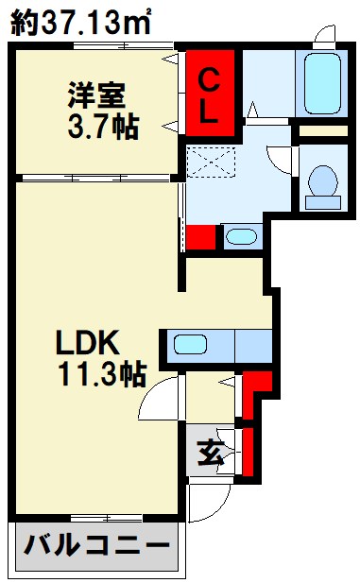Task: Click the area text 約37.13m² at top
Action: [x=80, y=22]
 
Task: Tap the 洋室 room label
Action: [x=96, y=95]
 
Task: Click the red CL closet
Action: [x=210, y=94]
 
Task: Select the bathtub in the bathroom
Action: [x=322, y=84]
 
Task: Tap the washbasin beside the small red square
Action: [x=241, y=236]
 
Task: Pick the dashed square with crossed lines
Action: [x=212, y=163]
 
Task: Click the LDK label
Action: [x=88, y=342]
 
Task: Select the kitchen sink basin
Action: [x=190, y=344]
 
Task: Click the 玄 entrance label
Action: [x=211, y=453]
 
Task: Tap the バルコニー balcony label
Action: [x=97, y=545]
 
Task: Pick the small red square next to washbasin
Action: [x=201, y=237]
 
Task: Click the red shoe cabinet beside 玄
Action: [x=248, y=452]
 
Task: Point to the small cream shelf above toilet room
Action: [x=323, y=131]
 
